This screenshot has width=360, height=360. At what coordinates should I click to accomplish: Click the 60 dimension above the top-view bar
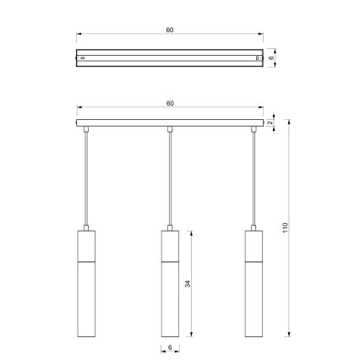[170, 30]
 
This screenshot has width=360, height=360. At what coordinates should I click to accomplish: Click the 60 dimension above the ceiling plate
[170, 103]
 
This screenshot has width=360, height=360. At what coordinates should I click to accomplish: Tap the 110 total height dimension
[286, 228]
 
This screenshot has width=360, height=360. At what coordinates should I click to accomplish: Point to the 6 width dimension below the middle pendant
[170, 347]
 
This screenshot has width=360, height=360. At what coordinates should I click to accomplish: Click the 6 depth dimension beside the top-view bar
[272, 58]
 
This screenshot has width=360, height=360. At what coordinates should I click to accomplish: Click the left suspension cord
[88, 177]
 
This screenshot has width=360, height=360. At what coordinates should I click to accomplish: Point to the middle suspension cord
[170, 177]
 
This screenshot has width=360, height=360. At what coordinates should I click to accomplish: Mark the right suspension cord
[253, 177]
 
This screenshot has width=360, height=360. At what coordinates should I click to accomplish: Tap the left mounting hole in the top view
[82, 58]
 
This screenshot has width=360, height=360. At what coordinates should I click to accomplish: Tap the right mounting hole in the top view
[258, 58]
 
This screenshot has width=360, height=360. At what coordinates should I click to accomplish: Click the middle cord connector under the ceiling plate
[170, 129]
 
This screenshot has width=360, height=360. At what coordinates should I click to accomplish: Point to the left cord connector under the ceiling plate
[88, 129]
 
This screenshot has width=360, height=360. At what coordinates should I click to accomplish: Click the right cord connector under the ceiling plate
[253, 129]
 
